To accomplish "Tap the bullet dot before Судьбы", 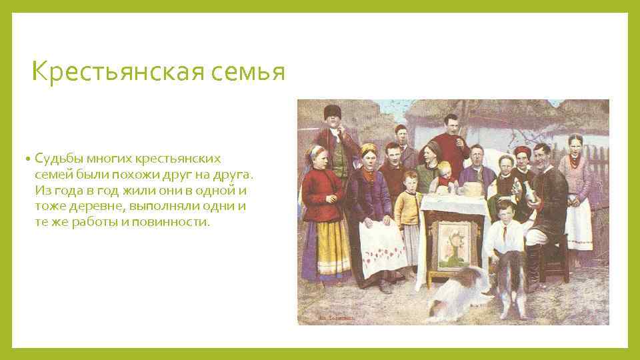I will point(29,159).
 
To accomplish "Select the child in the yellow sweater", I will point(407,207).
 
